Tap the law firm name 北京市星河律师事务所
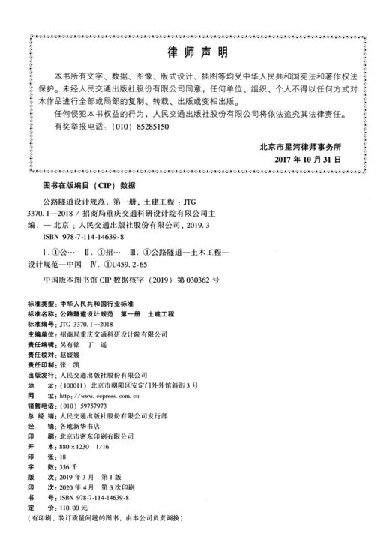pos(299,146)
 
